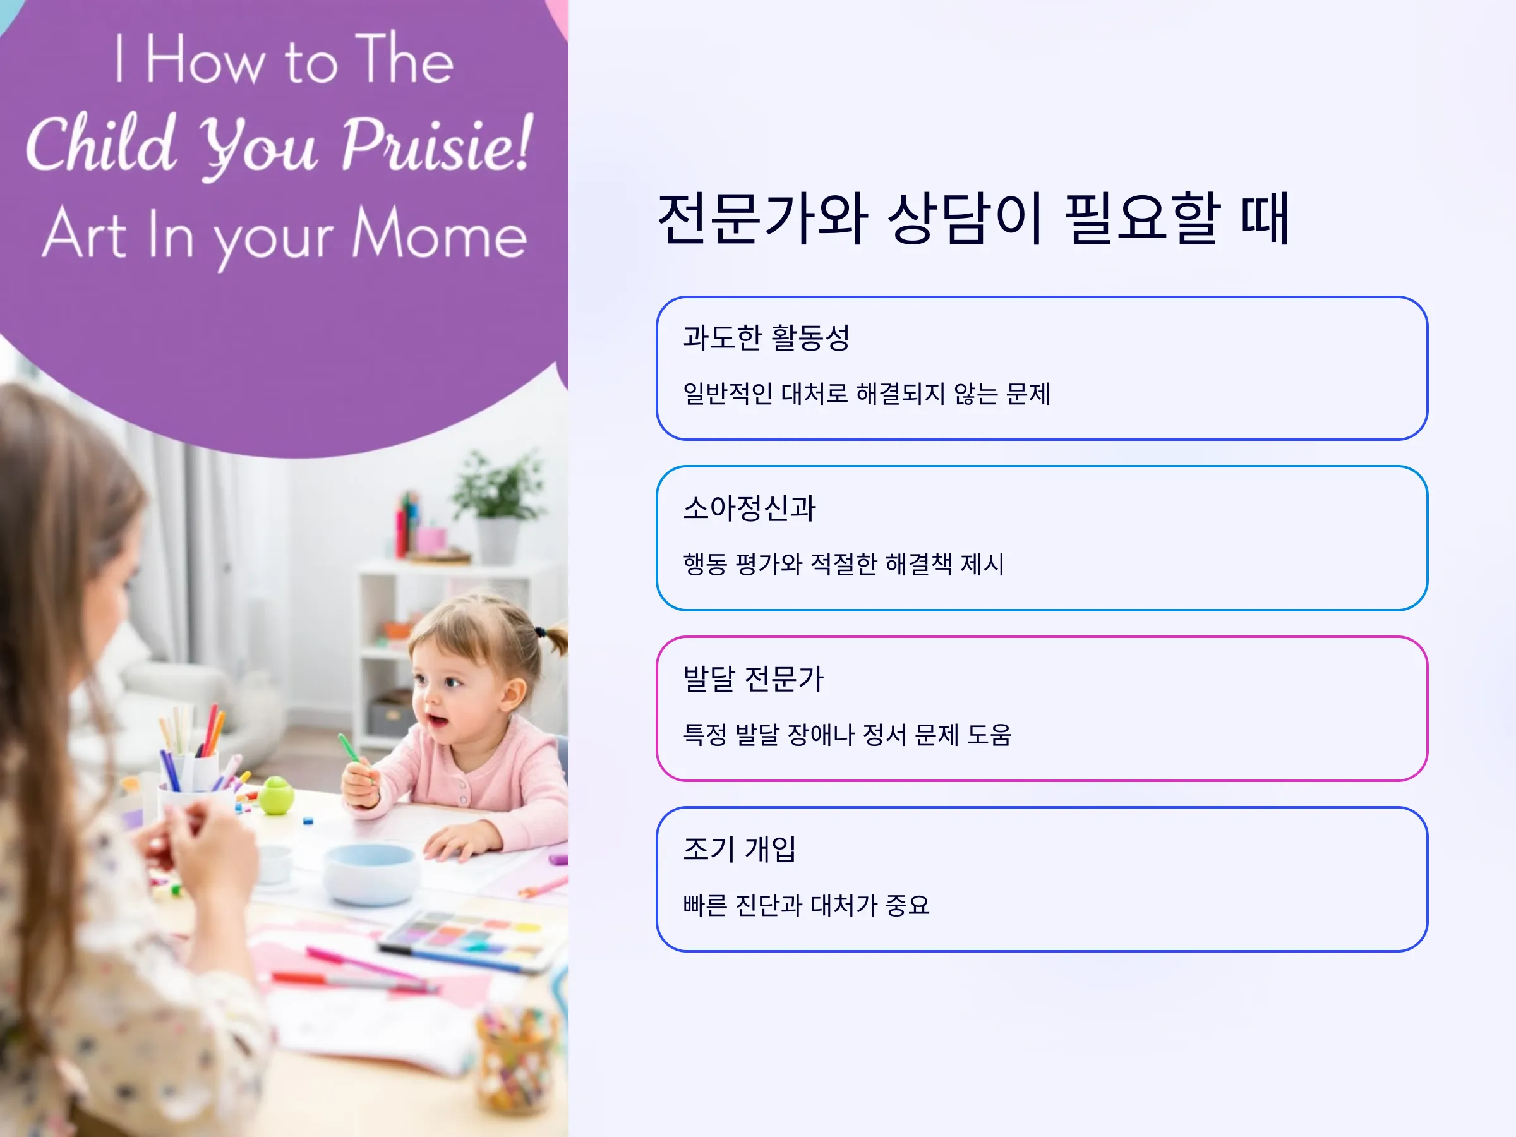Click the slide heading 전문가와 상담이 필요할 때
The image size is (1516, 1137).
pyautogui.click(x=973, y=218)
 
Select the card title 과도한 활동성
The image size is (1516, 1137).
pyautogui.click(x=766, y=337)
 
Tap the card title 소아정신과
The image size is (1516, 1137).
pyautogui.click(x=749, y=508)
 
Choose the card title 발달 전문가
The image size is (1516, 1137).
pyautogui.click(x=753, y=678)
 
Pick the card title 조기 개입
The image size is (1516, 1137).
pyautogui.click(x=740, y=849)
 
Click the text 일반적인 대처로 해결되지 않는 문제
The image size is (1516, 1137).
pyautogui.click(x=866, y=394)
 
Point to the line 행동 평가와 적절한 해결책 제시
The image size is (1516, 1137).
pyautogui.click(x=844, y=564)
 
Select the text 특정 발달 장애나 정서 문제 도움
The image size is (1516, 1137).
pyautogui.click(x=847, y=735)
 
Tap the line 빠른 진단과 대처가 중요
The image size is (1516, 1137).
pyautogui.click(x=806, y=905)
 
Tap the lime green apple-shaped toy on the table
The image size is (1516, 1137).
pyautogui.click(x=276, y=795)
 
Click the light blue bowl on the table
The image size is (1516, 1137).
pyautogui.click(x=370, y=874)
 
